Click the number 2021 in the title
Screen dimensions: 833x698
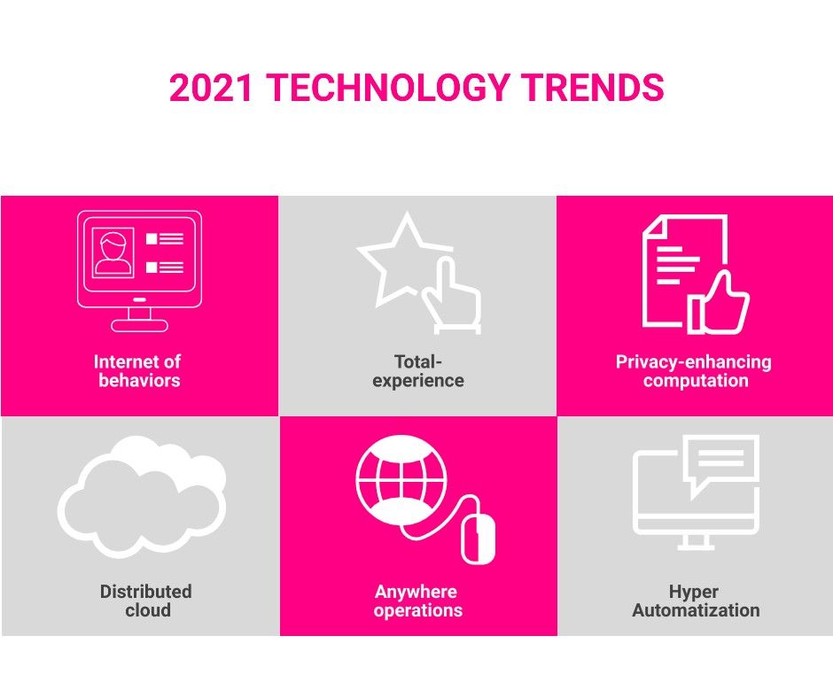click(211, 88)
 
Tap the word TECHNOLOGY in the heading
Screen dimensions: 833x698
click(387, 88)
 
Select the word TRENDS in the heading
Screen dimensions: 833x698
click(592, 88)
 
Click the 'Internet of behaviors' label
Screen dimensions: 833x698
click(137, 371)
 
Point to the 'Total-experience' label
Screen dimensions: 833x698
click(418, 371)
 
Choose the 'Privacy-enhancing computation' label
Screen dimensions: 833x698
click(694, 371)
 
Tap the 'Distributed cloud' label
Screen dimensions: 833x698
click(146, 601)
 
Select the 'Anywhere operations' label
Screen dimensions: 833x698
click(417, 601)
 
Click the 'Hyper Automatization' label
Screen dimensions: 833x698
click(696, 601)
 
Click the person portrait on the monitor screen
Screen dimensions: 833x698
click(113, 252)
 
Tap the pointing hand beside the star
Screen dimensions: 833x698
click(453, 295)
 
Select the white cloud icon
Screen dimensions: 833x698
click(142, 497)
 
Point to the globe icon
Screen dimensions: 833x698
click(401, 480)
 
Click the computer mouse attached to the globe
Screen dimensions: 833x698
click(478, 539)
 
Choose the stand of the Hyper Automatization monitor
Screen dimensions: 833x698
click(696, 542)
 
